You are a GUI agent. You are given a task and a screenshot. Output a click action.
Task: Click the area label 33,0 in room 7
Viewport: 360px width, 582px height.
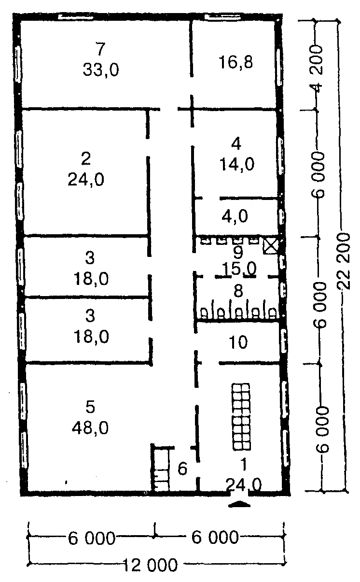(x=101, y=70)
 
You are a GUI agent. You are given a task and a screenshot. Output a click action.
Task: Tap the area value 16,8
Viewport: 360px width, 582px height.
(x=235, y=62)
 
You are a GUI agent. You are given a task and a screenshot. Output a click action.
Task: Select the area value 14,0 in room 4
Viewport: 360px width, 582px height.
(x=237, y=165)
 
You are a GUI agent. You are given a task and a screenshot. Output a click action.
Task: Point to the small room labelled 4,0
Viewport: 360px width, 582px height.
(x=235, y=216)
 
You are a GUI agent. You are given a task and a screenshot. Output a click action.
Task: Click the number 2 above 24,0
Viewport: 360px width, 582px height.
(x=86, y=159)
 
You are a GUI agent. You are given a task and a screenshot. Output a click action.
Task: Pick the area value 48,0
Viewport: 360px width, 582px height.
(x=90, y=428)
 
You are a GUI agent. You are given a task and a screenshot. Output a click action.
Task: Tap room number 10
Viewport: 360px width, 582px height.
(x=238, y=342)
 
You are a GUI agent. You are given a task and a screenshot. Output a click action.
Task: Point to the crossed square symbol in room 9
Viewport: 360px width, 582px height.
(x=271, y=246)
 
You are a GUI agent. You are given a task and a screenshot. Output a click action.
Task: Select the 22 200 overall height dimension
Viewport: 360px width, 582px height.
(x=344, y=261)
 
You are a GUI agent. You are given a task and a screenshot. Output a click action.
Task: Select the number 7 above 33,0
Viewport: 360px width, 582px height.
(x=100, y=49)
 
